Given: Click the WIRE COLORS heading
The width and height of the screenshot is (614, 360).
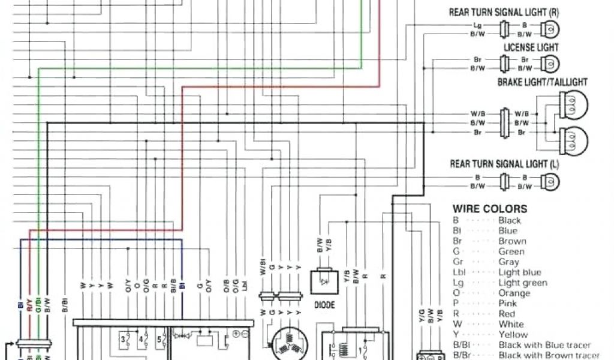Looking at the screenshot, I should coord(490,209).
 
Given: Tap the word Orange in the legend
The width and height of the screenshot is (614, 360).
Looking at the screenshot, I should coord(514,293).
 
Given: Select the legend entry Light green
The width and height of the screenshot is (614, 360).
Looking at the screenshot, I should coord(522,283).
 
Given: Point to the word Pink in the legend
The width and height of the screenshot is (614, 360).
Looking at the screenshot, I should coord(508,304).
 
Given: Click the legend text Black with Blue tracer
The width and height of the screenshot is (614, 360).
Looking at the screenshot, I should coord(544,345).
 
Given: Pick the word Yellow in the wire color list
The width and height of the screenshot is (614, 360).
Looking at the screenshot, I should coord(513,335).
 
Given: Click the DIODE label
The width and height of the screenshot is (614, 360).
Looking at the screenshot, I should coord(324,305).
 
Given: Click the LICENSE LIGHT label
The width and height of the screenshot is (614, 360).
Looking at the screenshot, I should coord(531,47).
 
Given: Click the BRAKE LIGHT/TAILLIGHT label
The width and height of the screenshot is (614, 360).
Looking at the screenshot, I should coord(542,82).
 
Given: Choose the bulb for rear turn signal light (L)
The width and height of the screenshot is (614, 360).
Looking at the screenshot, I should coord(550,182).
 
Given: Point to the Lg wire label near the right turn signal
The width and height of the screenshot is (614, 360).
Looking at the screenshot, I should coord(477,26).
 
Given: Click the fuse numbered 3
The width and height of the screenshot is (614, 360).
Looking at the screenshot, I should coord(125,340).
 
